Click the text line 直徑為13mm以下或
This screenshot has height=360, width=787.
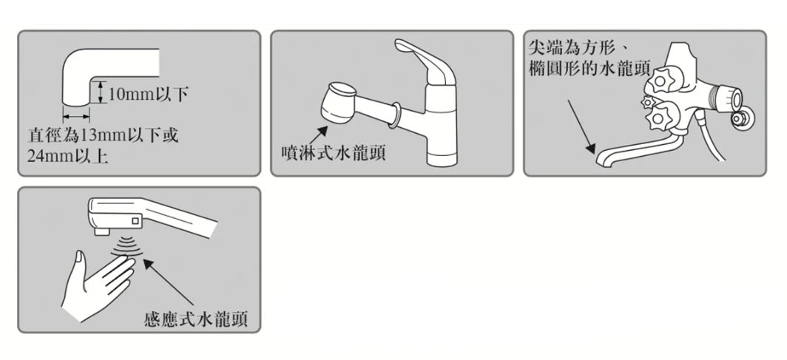pyautogui.click(x=104, y=136)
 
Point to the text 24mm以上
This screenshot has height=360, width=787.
pyautogui.click(x=68, y=157)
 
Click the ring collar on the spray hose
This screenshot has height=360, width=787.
pyautogui.click(x=395, y=116)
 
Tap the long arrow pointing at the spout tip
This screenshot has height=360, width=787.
pyautogui.click(x=581, y=126)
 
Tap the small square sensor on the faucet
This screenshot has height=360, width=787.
pyautogui.click(x=135, y=220)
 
